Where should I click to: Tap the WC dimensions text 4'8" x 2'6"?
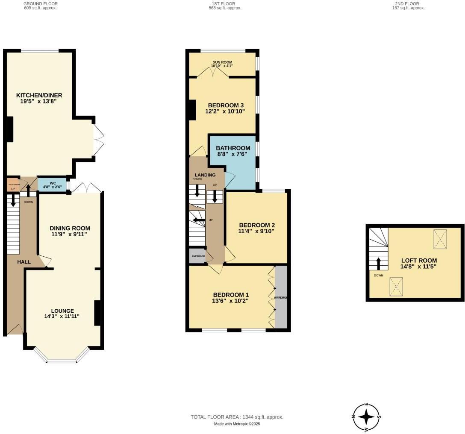point(53,187)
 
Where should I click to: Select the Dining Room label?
point(70,228)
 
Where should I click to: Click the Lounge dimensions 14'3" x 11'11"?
point(62,317)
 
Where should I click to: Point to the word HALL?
point(24,262)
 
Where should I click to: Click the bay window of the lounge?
point(62,359)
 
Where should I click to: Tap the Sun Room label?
point(222,62)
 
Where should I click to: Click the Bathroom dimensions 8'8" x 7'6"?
point(233,155)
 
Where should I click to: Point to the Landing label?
point(205,175)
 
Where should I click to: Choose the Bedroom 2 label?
point(256,225)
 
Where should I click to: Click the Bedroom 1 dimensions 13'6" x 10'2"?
point(230,301)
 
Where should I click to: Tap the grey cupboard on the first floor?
point(197,256)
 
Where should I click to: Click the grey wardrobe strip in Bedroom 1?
point(281,297)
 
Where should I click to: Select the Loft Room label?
point(419,260)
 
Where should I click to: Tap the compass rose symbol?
point(366,416)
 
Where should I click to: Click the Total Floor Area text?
point(237,417)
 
